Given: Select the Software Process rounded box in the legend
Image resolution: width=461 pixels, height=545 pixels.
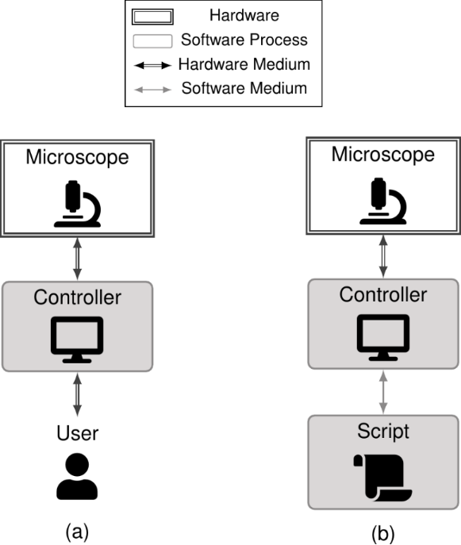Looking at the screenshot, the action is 152,41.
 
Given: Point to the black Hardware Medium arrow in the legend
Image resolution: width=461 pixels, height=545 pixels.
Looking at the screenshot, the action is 152,65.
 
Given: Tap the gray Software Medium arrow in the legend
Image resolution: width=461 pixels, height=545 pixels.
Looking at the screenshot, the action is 152,90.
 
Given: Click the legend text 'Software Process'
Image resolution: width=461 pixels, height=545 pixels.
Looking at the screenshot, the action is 244,40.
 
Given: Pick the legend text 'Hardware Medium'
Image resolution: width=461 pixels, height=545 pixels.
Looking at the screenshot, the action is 244,64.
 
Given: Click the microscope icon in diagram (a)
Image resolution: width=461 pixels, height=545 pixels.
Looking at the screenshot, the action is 77,204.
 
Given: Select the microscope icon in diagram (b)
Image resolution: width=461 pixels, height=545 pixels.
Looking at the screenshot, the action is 383,201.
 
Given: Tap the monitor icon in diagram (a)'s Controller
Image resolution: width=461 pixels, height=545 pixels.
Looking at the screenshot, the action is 77,340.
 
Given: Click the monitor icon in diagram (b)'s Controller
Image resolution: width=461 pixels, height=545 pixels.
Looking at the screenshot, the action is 383,337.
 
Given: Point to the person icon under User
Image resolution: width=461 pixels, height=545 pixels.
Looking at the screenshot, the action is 77,476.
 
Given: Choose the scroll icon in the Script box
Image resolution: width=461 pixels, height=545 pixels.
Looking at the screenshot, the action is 382,478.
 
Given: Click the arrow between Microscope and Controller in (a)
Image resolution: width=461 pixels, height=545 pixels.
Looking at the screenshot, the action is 78,259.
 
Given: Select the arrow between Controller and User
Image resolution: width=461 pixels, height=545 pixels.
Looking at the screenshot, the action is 78,394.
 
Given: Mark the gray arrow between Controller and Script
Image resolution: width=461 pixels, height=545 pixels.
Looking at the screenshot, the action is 383,392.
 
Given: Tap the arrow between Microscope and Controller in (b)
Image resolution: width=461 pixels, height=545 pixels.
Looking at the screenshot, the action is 383,256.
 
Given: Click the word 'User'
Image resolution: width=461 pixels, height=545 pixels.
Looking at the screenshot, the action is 78,433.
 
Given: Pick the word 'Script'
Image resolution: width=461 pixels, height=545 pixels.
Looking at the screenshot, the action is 383,432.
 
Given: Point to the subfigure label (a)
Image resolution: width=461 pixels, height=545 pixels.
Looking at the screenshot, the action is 77,532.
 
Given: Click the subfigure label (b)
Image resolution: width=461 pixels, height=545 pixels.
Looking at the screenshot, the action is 383,533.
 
